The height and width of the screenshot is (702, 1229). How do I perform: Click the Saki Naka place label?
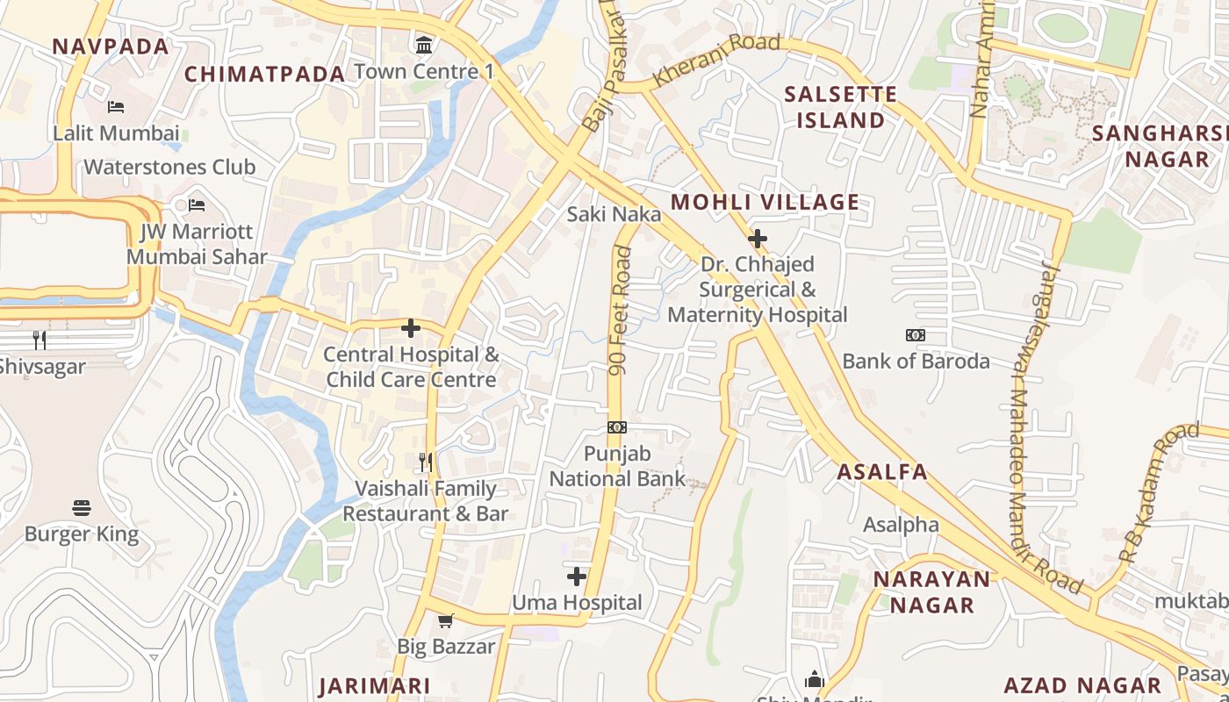614,214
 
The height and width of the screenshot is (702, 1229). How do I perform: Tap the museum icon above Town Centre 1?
425,44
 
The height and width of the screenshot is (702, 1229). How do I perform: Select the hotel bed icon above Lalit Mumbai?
116,107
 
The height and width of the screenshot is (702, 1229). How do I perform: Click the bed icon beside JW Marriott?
197,205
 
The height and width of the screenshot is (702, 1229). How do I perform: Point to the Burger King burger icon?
82,507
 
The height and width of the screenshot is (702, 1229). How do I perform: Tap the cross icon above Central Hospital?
410,328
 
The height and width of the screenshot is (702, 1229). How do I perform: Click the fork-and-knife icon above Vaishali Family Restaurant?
426,462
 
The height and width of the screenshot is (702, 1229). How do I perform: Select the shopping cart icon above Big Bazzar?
446,620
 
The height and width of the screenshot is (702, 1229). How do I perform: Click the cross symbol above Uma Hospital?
577,577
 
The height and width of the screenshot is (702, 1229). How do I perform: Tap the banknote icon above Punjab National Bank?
617,427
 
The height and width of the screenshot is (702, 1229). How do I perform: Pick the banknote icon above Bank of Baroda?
916,335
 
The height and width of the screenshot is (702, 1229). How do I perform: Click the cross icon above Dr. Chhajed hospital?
758,238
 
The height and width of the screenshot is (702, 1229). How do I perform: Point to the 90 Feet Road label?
620,311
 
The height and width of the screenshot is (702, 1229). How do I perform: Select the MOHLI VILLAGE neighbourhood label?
765,203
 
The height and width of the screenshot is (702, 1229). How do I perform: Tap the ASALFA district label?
882,472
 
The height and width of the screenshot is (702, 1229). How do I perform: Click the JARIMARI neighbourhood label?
375,686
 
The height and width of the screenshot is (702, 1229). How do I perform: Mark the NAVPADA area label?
111,47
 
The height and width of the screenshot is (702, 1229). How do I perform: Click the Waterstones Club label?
169,167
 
